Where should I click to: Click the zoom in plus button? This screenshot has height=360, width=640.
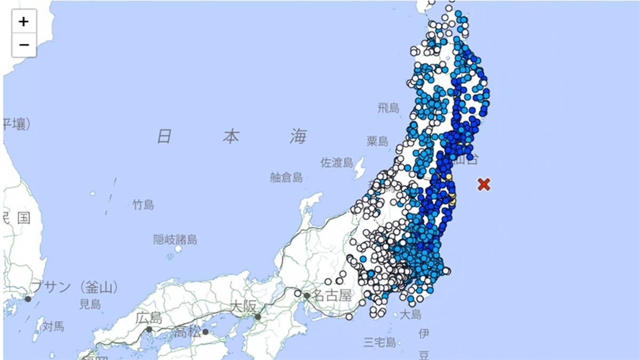pos(24,22)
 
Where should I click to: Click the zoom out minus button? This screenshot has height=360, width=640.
pos(24,45)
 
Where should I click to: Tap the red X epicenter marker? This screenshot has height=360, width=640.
pos(484,185)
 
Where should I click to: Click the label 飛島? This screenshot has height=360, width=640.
pos(388,108)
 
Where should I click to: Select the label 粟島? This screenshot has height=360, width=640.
pos(377,141)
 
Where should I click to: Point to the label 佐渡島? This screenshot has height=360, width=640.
pos(337,162)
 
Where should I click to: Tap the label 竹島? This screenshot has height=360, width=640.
pos(143,204)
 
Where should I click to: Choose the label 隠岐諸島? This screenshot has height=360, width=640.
pos(175,240)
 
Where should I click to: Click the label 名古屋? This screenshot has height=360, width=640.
pos(332,295)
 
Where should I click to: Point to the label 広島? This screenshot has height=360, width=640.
pos(148,318)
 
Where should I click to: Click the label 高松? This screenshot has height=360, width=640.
pos(188,333)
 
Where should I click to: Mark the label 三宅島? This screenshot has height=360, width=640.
pos(380,342)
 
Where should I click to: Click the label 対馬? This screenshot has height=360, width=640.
pos(53,326)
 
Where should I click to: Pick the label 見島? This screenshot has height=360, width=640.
pos(90,305)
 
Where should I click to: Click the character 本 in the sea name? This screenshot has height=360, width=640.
pos(230,137)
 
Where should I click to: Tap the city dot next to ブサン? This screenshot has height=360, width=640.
pos(28,299)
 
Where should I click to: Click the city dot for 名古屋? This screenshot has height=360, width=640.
pos(307,295)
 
